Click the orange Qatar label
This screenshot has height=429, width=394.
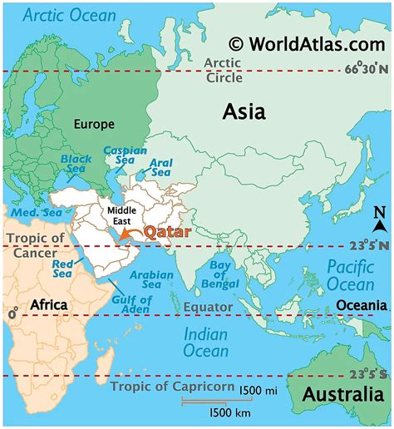168,233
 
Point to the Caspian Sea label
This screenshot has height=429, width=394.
118,156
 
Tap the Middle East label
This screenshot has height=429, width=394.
123,216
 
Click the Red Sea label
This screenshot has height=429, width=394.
63,269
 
